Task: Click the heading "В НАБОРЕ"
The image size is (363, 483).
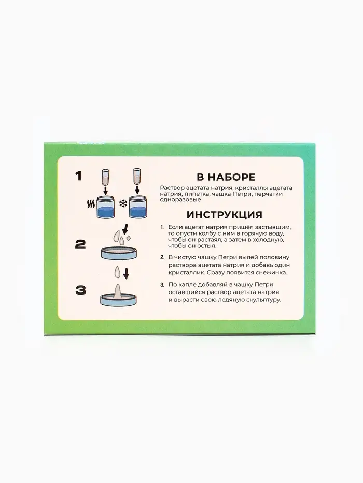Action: (x=226, y=177)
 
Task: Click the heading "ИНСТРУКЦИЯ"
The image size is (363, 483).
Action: (x=225, y=214)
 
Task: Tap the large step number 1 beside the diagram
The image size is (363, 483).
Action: (x=78, y=177)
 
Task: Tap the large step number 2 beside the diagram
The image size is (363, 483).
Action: (x=80, y=245)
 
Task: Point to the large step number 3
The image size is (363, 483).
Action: (x=80, y=290)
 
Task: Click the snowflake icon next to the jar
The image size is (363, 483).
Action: (x=123, y=203)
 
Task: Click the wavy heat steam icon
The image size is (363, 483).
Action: (x=91, y=204)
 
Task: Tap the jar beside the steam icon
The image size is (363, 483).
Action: (x=105, y=207)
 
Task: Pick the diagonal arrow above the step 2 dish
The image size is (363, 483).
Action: (x=125, y=229)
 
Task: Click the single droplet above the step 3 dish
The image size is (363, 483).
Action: (x=118, y=272)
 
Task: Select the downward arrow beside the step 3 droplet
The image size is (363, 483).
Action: (x=126, y=273)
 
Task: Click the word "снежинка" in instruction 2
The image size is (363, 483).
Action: (x=272, y=273)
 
